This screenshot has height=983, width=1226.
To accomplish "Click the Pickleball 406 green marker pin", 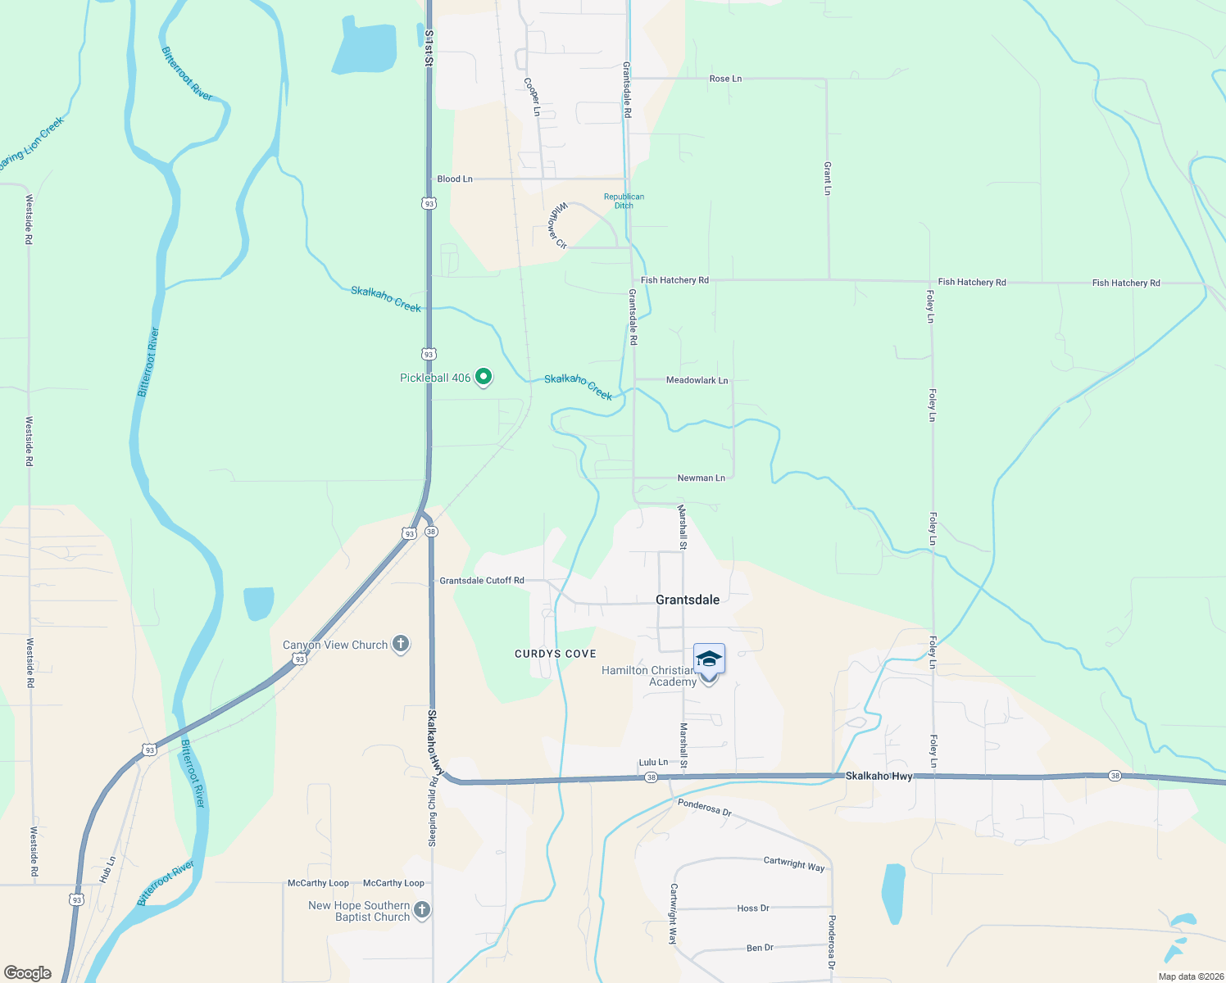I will pos(484,377).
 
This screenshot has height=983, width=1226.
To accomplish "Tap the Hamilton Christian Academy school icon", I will pos(709,659).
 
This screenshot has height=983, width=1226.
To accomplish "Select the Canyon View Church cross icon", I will pos(401,644).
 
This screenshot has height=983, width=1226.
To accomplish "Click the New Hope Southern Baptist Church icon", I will pos(422,910).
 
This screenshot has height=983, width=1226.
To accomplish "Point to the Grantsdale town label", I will pos(688,600).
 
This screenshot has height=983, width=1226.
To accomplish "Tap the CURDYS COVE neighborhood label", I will pos(556,654).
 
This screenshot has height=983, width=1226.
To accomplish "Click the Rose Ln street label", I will pos(725,79).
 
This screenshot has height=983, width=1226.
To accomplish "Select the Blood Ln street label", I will pos(455,179).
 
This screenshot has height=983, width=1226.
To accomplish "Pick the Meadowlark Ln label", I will pos(697,380).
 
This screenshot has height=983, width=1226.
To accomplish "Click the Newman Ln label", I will pos(701,478).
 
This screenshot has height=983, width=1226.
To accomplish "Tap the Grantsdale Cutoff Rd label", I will pos(482,581).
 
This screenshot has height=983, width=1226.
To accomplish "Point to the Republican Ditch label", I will pos(624,201).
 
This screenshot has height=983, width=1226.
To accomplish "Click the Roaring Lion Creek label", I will pos(31,144).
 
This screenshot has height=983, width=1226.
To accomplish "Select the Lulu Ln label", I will pos(653,763).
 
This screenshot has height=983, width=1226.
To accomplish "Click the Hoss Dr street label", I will pos(753,908).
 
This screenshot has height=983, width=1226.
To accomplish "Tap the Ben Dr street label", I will pos(760,948).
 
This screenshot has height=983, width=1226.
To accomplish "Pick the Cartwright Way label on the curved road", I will pos(794,863).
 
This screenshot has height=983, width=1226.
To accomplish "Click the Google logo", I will pos(28,972).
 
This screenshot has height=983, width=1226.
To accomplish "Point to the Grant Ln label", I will pos(828,178).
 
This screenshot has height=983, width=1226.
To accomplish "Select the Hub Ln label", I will pos(108,869).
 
